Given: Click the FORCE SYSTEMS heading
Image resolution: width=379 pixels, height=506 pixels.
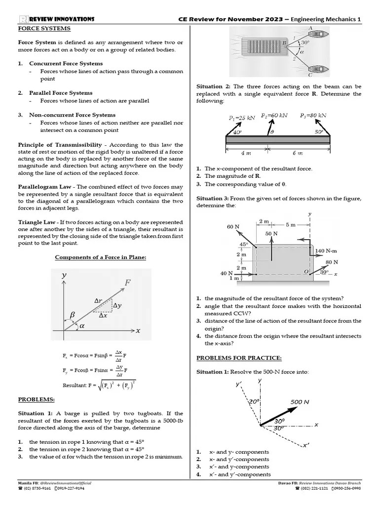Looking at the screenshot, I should [44, 28].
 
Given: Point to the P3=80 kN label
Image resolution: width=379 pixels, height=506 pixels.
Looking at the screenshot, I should [313, 115].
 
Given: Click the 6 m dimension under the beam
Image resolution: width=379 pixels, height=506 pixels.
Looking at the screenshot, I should [297, 153].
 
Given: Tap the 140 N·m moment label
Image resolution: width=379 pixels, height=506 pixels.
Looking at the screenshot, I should [326, 251].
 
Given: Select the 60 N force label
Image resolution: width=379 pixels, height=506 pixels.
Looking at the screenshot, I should [233, 226].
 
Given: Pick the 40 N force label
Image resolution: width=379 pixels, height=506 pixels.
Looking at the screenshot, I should [227, 273].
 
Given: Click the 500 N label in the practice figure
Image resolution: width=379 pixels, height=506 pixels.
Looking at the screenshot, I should [300, 402].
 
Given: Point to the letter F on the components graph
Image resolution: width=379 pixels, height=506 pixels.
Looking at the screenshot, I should [128, 283].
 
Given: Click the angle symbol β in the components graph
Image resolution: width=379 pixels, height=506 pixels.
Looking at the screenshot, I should [72, 314].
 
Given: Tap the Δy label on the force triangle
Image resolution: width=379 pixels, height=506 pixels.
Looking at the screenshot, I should [117, 306].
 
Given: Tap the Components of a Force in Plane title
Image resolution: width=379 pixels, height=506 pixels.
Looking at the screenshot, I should [100, 257].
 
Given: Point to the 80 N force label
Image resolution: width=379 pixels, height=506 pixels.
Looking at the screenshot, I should [332, 262].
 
